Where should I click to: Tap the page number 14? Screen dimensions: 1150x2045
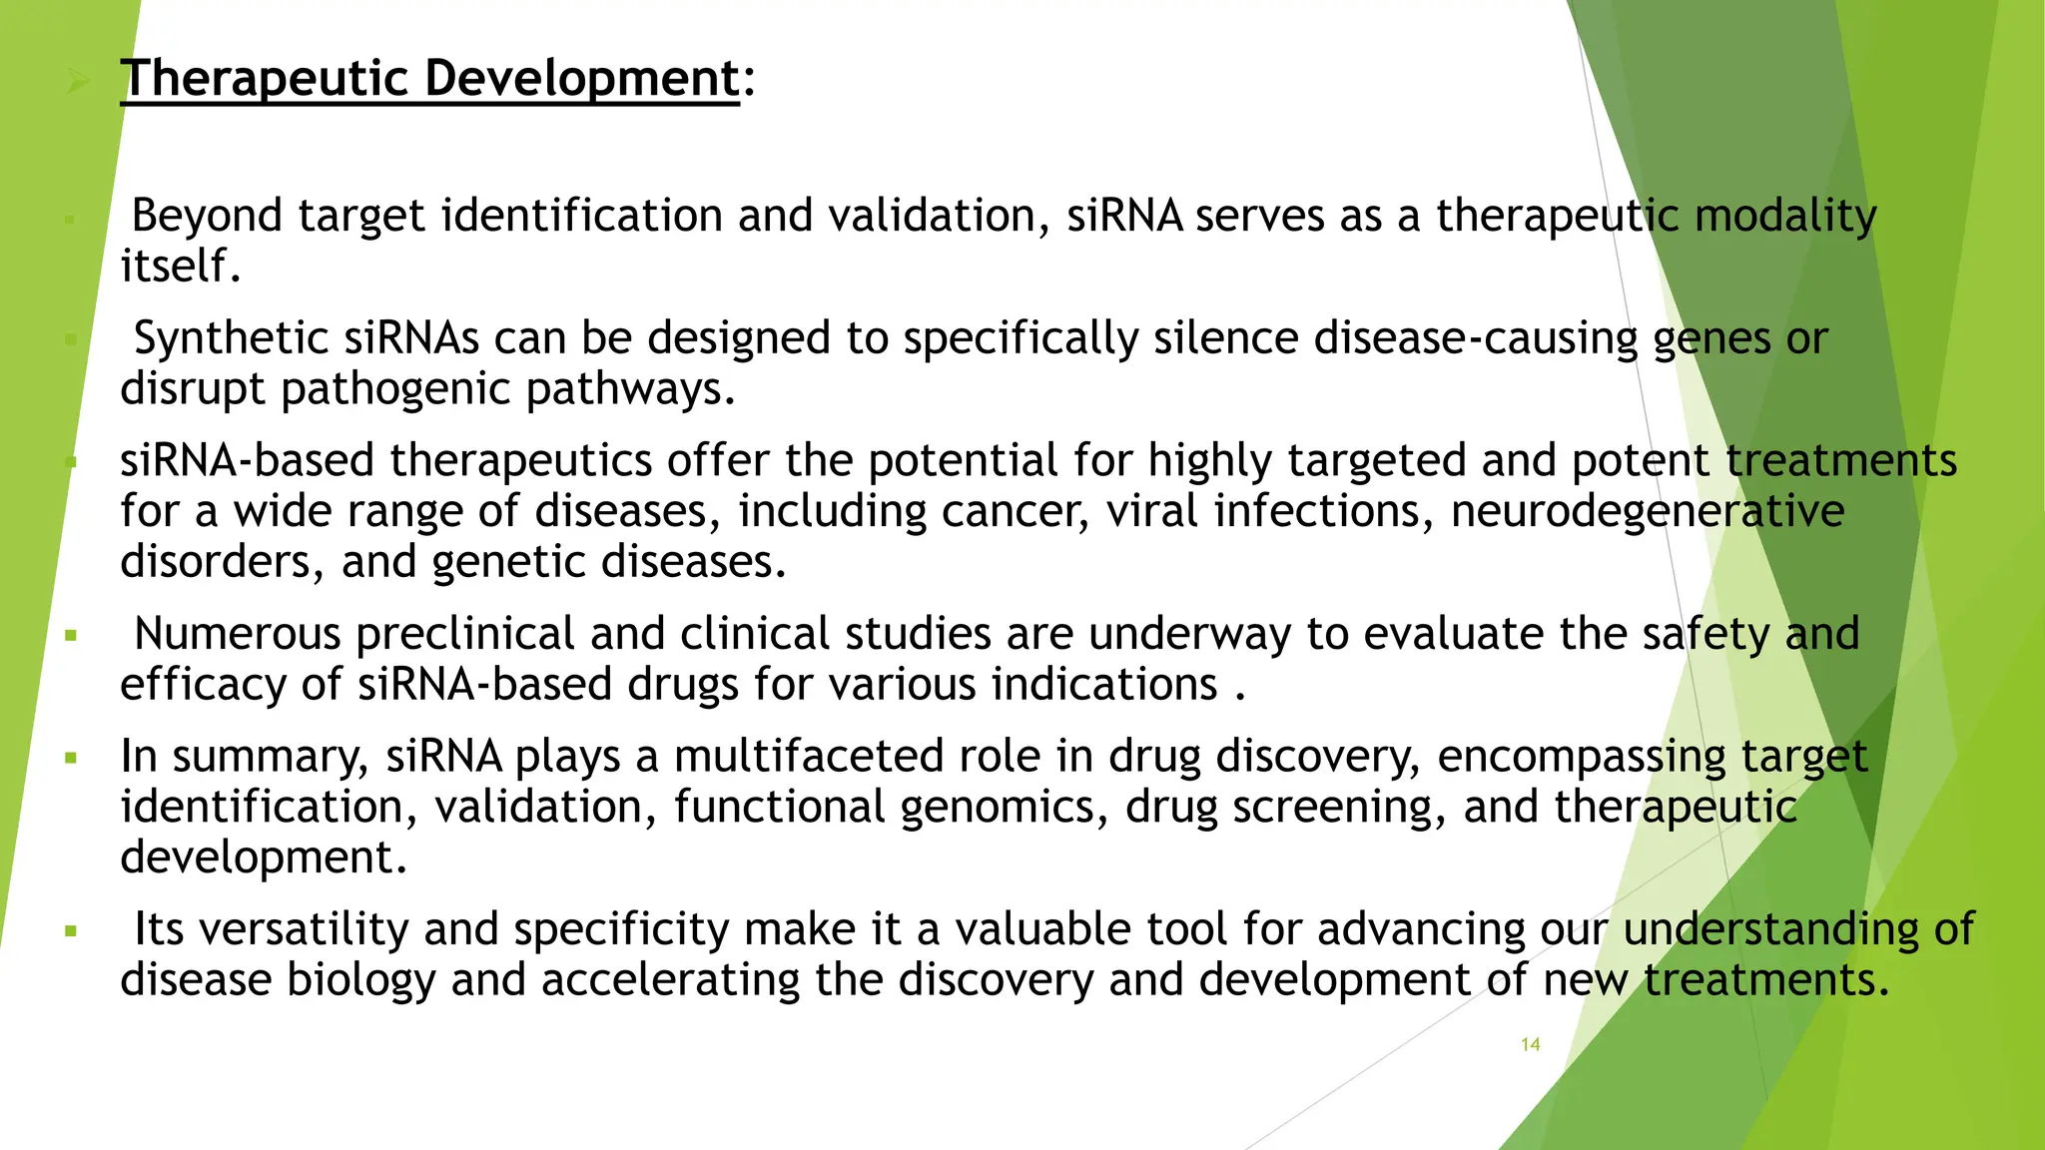coord(1530,1044)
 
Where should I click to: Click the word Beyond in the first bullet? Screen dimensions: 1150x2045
coord(207,216)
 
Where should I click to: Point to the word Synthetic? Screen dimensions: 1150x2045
coord(231,338)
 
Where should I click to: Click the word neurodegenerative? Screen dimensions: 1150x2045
coord(1647,511)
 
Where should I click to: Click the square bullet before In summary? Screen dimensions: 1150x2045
coord(70,758)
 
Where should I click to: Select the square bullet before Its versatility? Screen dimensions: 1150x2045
coord(70,931)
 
